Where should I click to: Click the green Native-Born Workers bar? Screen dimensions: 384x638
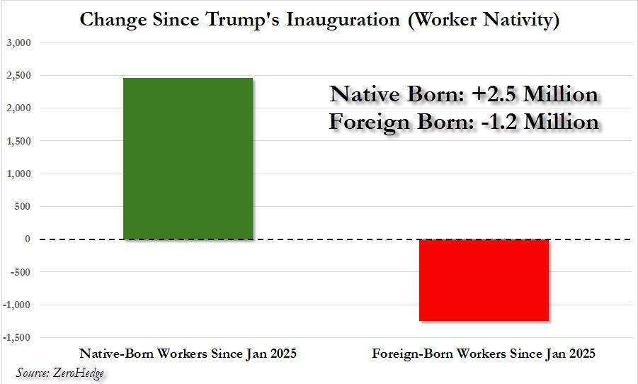tap(188, 159)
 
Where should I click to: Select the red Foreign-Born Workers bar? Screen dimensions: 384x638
tap(484, 280)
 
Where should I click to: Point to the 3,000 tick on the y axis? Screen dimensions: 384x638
tap(19, 43)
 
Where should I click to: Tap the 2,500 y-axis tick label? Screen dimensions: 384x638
tap(19, 76)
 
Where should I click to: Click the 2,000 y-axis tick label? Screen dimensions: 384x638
tap(19, 108)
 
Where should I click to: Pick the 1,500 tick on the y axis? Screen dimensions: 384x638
tap(19, 141)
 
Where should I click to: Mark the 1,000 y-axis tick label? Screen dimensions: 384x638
tap(19, 174)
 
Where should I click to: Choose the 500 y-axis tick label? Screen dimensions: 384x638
tap(23, 207)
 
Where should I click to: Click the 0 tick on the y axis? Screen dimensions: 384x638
tap(28, 239)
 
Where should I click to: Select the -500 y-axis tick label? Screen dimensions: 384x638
tap(21, 272)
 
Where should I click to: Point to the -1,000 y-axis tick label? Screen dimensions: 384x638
tap(18, 305)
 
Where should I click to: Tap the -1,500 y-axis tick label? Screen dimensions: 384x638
tap(18, 337)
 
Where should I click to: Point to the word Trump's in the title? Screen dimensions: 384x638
tap(244, 19)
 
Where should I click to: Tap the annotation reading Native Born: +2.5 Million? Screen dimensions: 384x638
tap(465, 95)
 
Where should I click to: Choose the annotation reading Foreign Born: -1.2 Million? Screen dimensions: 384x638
tap(465, 122)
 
